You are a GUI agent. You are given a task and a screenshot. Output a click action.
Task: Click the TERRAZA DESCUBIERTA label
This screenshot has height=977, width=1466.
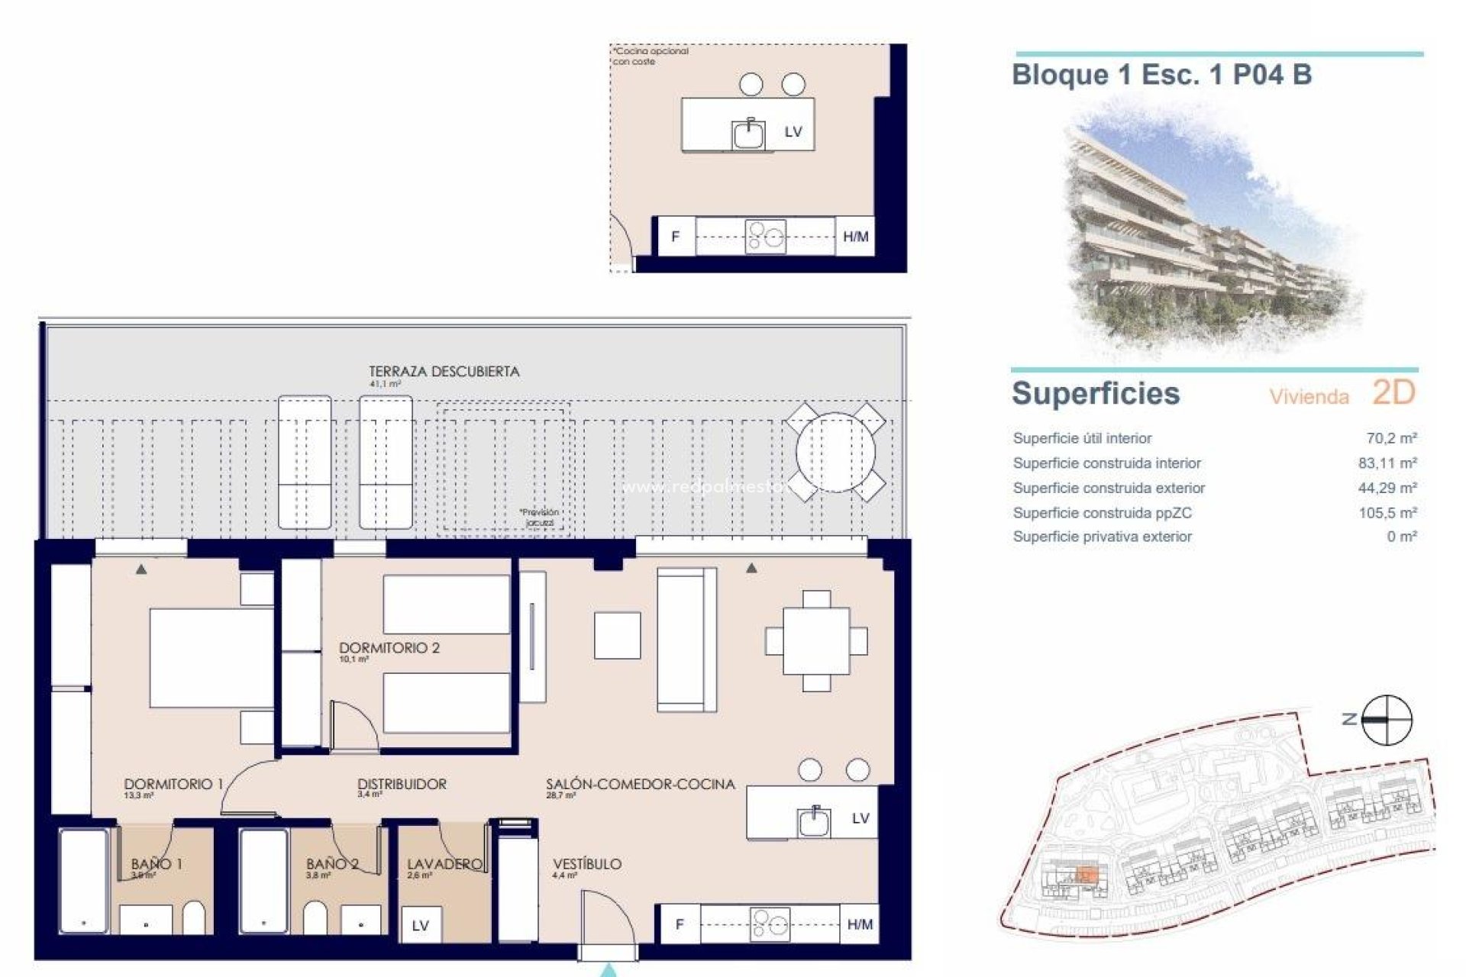pos(444,372)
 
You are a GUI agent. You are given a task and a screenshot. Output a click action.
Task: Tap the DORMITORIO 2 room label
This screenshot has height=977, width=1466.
pos(389,648)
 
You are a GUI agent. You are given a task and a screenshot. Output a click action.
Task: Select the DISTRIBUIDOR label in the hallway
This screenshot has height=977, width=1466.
pos(402,784)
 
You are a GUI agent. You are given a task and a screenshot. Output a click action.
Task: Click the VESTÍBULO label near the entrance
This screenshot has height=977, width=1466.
pos(587,864)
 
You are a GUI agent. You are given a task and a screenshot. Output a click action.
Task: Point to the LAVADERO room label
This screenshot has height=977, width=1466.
pos(444,864)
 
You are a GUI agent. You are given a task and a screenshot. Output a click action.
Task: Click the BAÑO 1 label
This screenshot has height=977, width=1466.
pos(157,864)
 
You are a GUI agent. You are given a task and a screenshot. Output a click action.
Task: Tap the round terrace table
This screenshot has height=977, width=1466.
pos(835,452)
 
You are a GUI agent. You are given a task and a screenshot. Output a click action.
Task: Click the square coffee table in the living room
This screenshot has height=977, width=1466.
pos(618,635)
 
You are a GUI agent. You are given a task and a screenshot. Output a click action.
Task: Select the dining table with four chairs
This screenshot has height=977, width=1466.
pos(816,640)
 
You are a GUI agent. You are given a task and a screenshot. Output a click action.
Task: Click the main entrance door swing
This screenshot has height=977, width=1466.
pos(607,924)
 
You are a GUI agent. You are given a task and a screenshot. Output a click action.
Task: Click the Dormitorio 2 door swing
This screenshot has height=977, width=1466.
pos(353,725)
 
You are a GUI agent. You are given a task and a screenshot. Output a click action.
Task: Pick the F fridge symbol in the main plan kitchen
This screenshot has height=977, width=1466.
pos(679,924)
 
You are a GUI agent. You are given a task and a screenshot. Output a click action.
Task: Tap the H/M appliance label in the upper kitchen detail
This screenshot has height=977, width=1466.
pos(855,237)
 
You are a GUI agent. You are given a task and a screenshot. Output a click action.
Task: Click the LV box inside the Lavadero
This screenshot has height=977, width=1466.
pos(420,926)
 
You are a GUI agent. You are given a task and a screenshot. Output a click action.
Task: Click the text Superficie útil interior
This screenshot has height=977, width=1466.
pos(1082,438)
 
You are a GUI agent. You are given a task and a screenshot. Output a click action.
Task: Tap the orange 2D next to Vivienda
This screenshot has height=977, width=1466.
pos(1393,393)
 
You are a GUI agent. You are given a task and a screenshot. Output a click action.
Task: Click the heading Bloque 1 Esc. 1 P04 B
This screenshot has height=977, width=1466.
pos(1161,75)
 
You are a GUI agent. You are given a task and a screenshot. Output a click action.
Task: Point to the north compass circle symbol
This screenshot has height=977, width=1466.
pos(1387,719)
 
